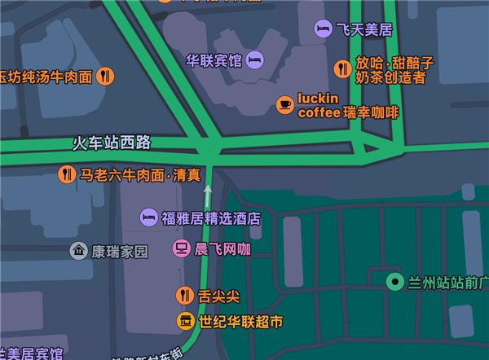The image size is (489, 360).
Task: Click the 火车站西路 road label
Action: pos(112,143)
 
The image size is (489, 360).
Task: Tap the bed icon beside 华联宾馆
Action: pos(255,59)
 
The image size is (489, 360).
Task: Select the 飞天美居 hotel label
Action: pos(364,30)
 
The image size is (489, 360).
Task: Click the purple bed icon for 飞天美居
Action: pos(323,30)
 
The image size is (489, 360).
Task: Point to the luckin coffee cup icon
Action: pos(284,104)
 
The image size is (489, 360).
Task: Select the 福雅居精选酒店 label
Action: pos(210,217)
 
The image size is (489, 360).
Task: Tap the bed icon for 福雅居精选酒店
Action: pos(148,217)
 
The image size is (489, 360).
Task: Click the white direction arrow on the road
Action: pos(208,194)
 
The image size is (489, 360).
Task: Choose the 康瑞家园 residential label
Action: pos(120,251)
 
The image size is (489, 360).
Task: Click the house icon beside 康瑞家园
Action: pos(78,251)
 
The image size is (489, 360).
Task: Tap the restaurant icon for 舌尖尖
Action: pos(185,296)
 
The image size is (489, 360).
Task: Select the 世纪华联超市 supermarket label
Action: pos(242,322)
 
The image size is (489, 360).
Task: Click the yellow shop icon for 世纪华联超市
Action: pos(185,322)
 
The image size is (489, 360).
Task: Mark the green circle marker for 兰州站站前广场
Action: pos(395,283)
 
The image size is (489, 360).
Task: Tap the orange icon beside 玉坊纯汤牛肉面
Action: pos(105,77)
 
